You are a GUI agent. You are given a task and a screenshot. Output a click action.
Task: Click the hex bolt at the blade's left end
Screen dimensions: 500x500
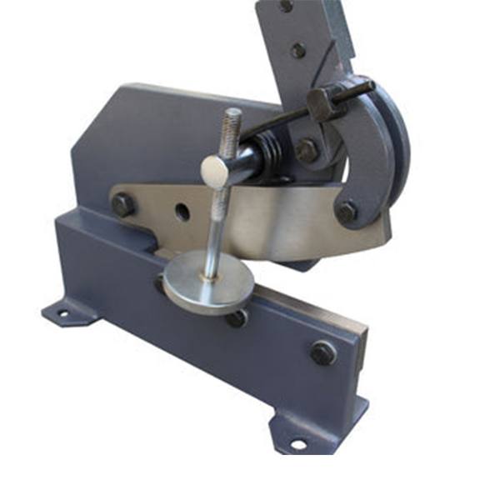(x=123, y=204)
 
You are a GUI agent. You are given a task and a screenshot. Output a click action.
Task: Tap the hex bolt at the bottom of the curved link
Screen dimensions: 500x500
(x=347, y=212)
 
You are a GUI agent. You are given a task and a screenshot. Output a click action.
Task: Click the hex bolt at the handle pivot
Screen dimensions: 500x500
(x=307, y=151)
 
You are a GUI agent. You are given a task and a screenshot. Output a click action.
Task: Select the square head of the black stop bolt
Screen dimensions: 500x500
(x=322, y=103)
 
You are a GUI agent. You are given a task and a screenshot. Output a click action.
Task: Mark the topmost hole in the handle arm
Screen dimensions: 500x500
(x=287, y=6)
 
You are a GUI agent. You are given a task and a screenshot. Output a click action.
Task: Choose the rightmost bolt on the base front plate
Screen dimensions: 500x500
(x=322, y=352)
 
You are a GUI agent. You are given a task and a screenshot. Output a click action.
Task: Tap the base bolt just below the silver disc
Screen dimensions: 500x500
(x=237, y=317)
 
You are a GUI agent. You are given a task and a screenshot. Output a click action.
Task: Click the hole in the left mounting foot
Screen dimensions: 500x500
(x=61, y=314)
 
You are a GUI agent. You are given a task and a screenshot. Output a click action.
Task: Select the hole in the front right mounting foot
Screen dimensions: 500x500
(x=297, y=443)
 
